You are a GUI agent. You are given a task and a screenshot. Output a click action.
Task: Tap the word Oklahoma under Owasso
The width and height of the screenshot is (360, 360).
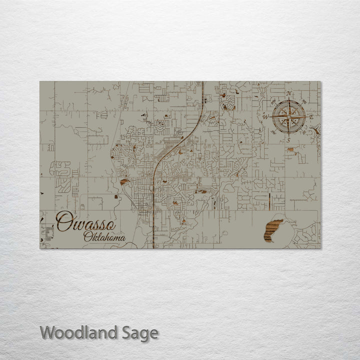pos(104,237)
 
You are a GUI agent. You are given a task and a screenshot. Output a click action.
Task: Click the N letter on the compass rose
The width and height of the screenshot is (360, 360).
pos(289,93)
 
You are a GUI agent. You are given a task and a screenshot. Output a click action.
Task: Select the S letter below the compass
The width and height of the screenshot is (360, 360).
pos(288,140)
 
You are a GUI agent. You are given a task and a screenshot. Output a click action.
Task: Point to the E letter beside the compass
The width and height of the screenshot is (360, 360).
pos(311,117)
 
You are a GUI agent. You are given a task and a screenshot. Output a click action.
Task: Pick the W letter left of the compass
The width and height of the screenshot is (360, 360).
pos(266,117)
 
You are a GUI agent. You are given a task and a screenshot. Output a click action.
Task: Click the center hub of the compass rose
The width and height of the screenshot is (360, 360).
pos(288,117)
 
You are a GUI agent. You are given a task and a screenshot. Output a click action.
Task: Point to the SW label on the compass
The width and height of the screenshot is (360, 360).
pos(274,132)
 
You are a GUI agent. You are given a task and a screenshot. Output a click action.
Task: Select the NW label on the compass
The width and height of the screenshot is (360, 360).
pos(274,101)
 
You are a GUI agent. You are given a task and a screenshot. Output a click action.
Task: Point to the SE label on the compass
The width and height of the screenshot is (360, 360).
pos(303,132)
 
